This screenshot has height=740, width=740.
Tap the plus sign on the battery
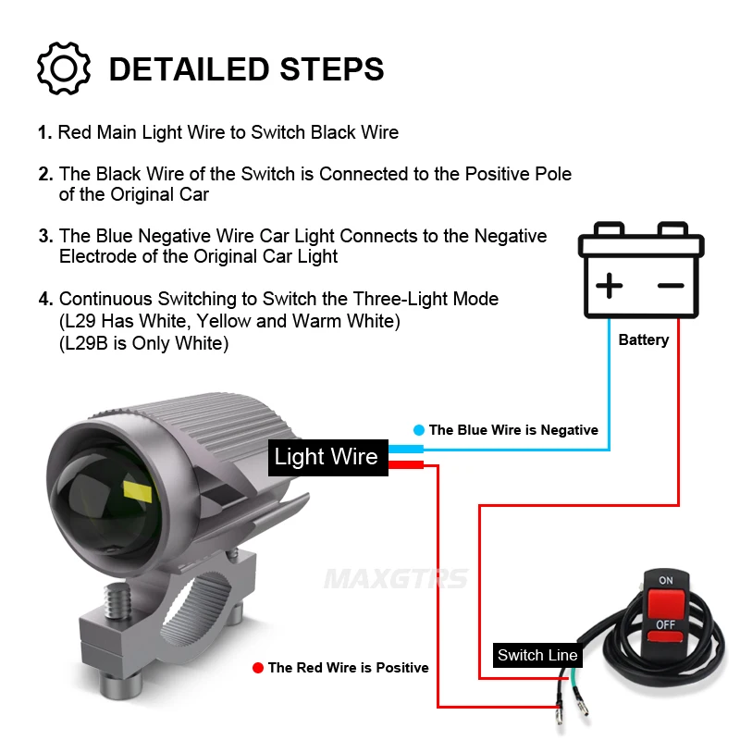coord(609,286)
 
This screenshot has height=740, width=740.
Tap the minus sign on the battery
coord(671,286)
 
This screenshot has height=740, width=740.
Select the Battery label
coord(643,339)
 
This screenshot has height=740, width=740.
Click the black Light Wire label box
coord(327,456)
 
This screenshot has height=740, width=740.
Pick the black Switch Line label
coord(537,655)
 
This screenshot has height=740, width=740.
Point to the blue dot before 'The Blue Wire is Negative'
coord(419,429)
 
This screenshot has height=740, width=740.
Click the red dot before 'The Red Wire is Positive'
coord(258,667)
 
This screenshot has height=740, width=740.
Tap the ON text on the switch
coord(665,581)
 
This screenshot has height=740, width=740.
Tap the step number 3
coord(45,236)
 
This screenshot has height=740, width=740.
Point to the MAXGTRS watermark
coord(395,580)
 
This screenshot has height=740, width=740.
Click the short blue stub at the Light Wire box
coord(406,449)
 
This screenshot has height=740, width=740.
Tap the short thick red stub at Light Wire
coord(406,464)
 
